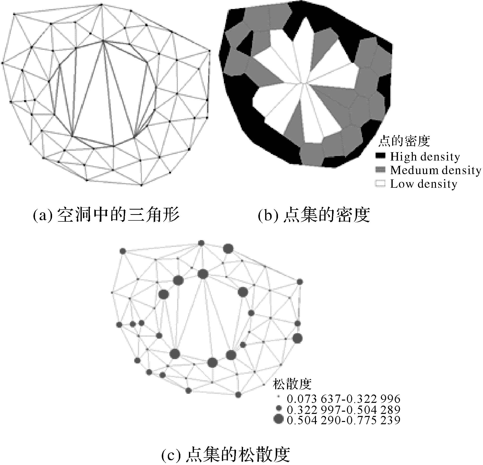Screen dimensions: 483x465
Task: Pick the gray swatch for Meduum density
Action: tap(380, 170)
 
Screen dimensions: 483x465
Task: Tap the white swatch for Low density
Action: tap(380, 184)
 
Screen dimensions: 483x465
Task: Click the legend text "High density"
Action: tap(425, 157)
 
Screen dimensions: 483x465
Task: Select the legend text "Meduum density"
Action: tap(435, 170)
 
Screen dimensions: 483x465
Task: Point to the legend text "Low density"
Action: tap(424, 184)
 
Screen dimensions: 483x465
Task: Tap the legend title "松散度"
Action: tap(292, 384)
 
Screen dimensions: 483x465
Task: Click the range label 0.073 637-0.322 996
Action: tap(343, 399)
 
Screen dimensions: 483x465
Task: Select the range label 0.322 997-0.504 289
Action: tap(343, 410)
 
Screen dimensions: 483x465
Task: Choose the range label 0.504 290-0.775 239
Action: tap(343, 420)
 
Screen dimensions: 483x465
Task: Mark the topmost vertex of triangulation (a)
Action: tap(101, 4)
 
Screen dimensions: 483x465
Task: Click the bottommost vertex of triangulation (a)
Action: tap(141, 185)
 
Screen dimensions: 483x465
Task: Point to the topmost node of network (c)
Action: tap(201, 243)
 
